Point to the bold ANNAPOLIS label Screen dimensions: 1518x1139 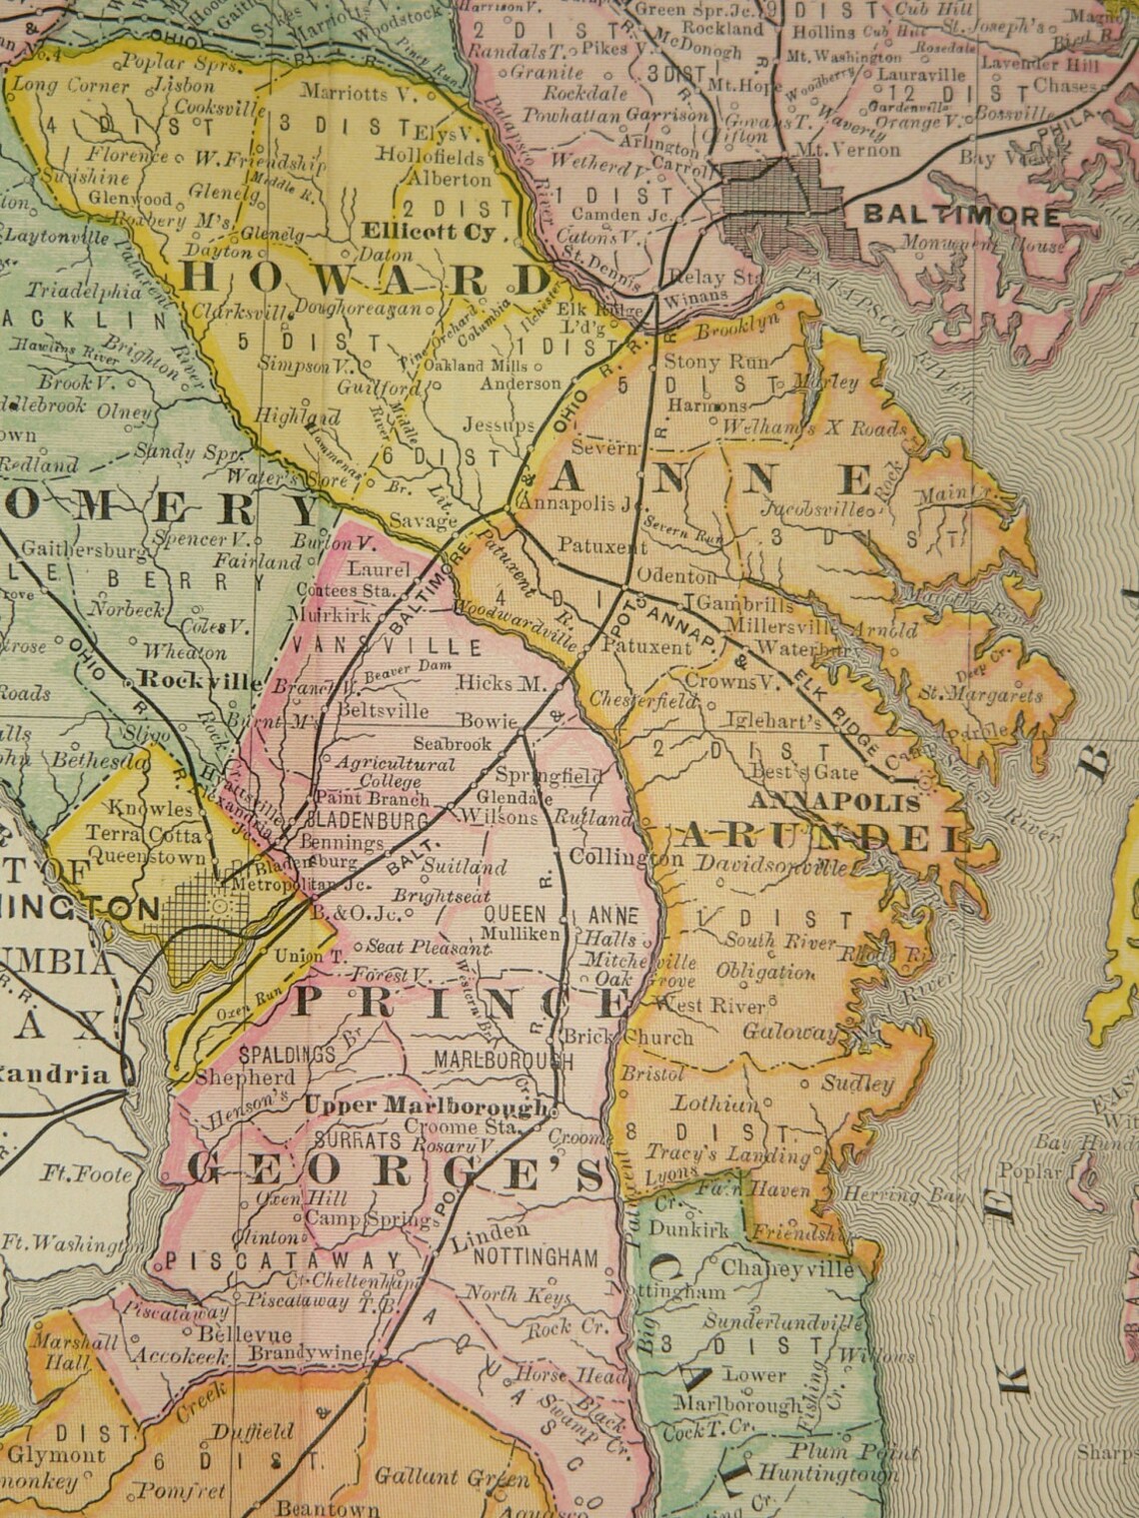coord(833,802)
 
